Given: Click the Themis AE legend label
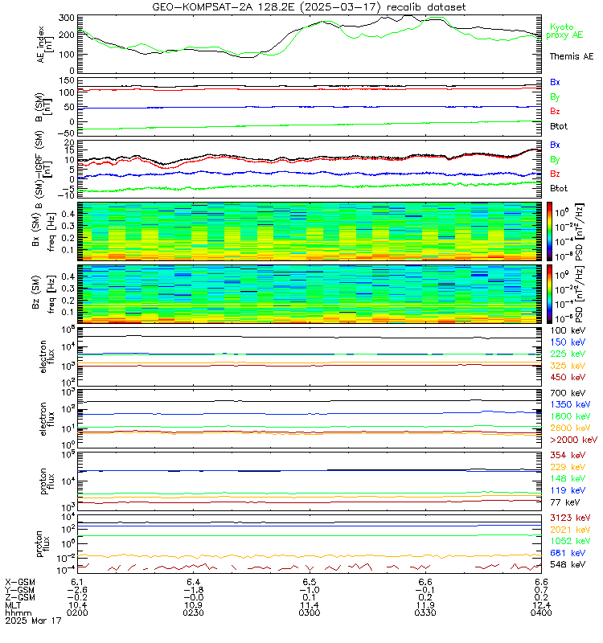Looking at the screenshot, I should tap(571, 57).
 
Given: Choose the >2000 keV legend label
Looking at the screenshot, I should tap(572, 440).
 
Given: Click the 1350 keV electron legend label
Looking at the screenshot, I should tap(572, 404).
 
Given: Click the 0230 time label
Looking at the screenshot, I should tap(193, 612).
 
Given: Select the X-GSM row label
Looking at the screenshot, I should tap(21, 580).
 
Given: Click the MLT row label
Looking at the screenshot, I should tap(14, 604).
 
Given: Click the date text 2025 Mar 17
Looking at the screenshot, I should tap(33, 620).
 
